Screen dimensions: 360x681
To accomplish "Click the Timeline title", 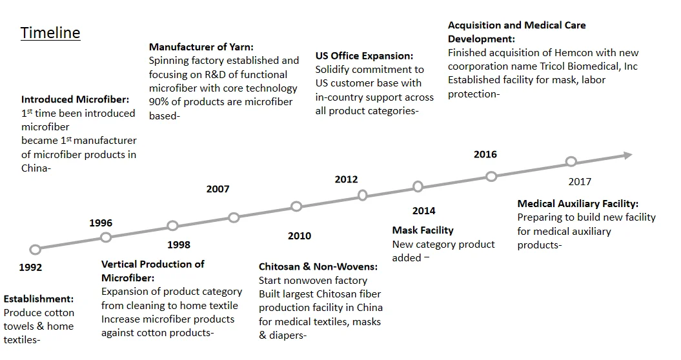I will [x=50, y=33].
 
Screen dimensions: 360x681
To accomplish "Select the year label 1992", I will [x=31, y=267].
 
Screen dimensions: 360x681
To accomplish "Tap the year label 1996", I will [x=101, y=223].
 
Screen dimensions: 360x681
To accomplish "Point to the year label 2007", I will [x=218, y=189].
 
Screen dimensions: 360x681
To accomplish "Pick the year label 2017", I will [x=580, y=182].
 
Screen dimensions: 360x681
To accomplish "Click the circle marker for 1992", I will [x=35, y=250].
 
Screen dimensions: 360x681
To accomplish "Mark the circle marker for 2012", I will [x=363, y=195].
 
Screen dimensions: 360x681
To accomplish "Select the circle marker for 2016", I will [x=491, y=176].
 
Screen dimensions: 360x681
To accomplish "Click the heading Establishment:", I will [x=39, y=299].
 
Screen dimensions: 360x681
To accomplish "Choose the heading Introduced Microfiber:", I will [x=76, y=99].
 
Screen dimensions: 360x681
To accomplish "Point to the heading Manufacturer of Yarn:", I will [x=201, y=46].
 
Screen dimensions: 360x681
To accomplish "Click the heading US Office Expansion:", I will [x=364, y=55].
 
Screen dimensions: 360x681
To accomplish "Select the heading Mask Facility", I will [x=423, y=230].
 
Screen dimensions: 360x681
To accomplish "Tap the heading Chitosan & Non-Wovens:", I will [x=318, y=266].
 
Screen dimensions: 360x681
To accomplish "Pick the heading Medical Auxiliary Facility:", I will [x=578, y=204].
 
